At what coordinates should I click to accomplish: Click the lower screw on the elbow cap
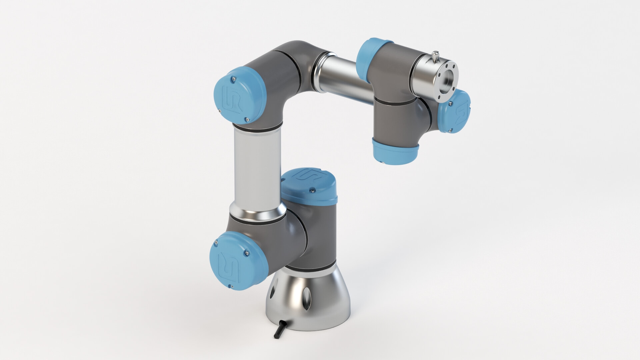point(247,119)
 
